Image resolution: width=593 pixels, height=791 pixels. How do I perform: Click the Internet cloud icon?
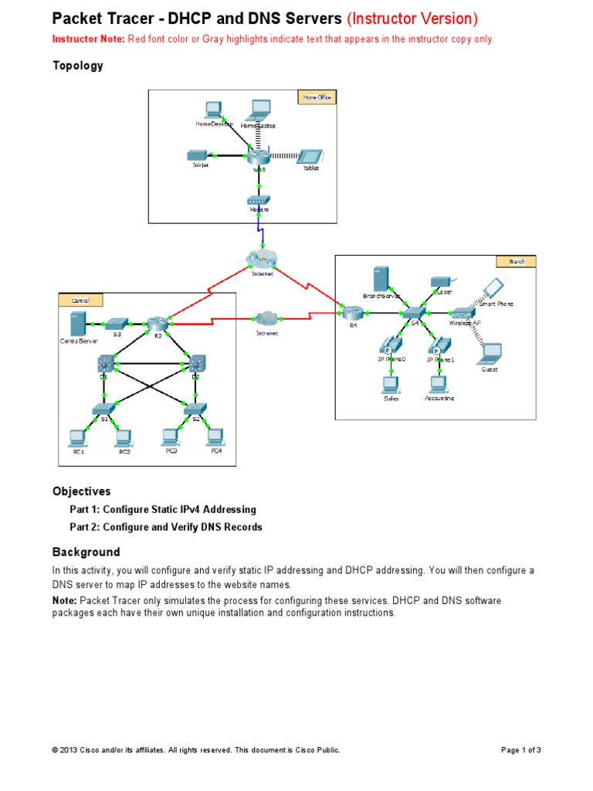pos(262,258)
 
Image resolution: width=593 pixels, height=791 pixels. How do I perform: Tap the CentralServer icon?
pos(76,323)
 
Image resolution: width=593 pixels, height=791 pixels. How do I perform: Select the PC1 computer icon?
pos(77,437)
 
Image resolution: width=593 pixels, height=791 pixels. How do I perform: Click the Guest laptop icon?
pos(490,354)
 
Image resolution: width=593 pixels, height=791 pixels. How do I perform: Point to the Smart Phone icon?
pos(491,289)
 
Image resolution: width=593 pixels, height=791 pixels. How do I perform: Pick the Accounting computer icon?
pos(439,384)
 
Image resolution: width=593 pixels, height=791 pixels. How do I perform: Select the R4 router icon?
pos(353,312)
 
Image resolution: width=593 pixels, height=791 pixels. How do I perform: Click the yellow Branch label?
pos(516,262)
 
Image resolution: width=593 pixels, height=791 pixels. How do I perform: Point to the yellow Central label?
pos(80,300)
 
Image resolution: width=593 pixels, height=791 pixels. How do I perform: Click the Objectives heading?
pos(81,491)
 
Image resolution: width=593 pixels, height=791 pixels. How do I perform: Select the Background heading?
pos(86,552)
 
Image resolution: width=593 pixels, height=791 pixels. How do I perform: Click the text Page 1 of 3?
pos(521,750)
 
